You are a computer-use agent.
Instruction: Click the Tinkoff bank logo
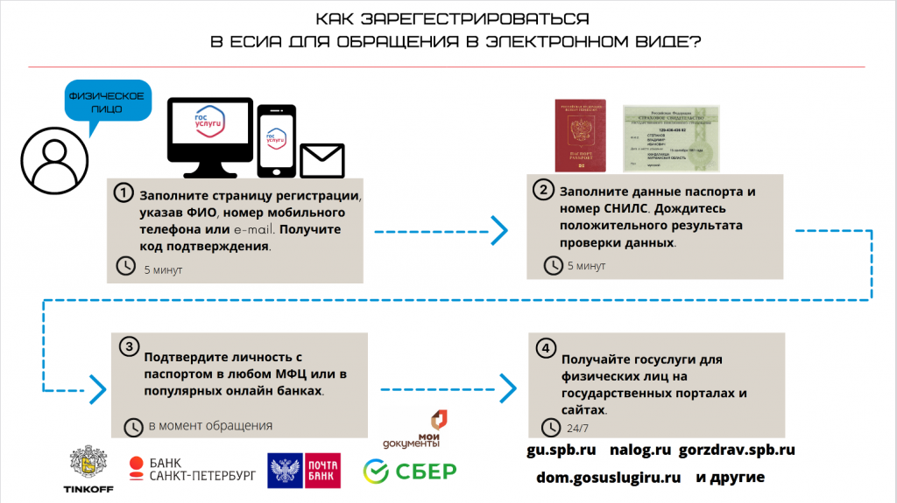pos(85,470)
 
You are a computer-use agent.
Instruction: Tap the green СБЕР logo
pos(410,472)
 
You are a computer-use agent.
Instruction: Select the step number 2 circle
pos(543,191)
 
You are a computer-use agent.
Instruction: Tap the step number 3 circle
pos(129,347)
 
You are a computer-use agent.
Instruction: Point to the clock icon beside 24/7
pos(551,428)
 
